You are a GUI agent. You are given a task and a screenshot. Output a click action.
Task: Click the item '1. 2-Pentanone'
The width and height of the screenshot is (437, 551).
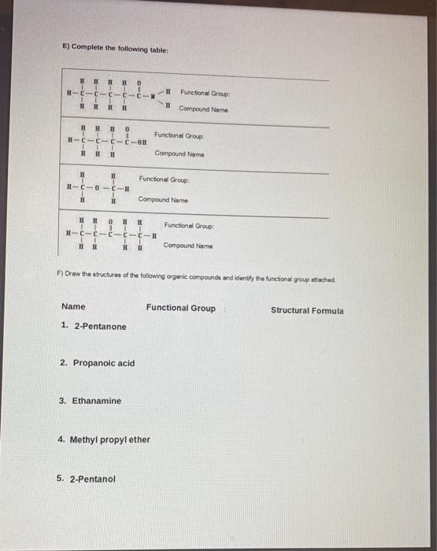coord(93,326)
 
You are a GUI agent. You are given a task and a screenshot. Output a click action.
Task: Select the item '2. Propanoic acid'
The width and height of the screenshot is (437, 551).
coord(98,363)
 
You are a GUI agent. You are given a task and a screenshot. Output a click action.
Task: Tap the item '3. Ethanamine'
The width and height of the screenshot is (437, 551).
coord(91,401)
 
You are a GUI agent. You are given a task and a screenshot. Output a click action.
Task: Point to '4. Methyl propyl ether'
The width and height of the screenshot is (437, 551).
coord(104,439)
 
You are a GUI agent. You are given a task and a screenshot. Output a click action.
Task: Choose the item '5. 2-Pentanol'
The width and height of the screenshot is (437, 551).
coord(87,478)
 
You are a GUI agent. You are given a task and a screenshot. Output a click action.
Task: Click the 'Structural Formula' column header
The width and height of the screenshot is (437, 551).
coord(307,310)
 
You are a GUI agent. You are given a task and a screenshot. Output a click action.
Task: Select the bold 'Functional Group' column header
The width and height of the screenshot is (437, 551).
coord(180,308)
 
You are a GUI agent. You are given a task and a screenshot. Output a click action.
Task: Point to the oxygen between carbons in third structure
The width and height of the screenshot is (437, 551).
coord(97,188)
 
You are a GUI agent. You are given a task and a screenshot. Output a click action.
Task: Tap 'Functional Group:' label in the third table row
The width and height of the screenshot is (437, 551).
coord(165,179)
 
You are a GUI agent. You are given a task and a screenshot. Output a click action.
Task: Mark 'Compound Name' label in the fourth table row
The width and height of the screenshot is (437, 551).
coord(188,246)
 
